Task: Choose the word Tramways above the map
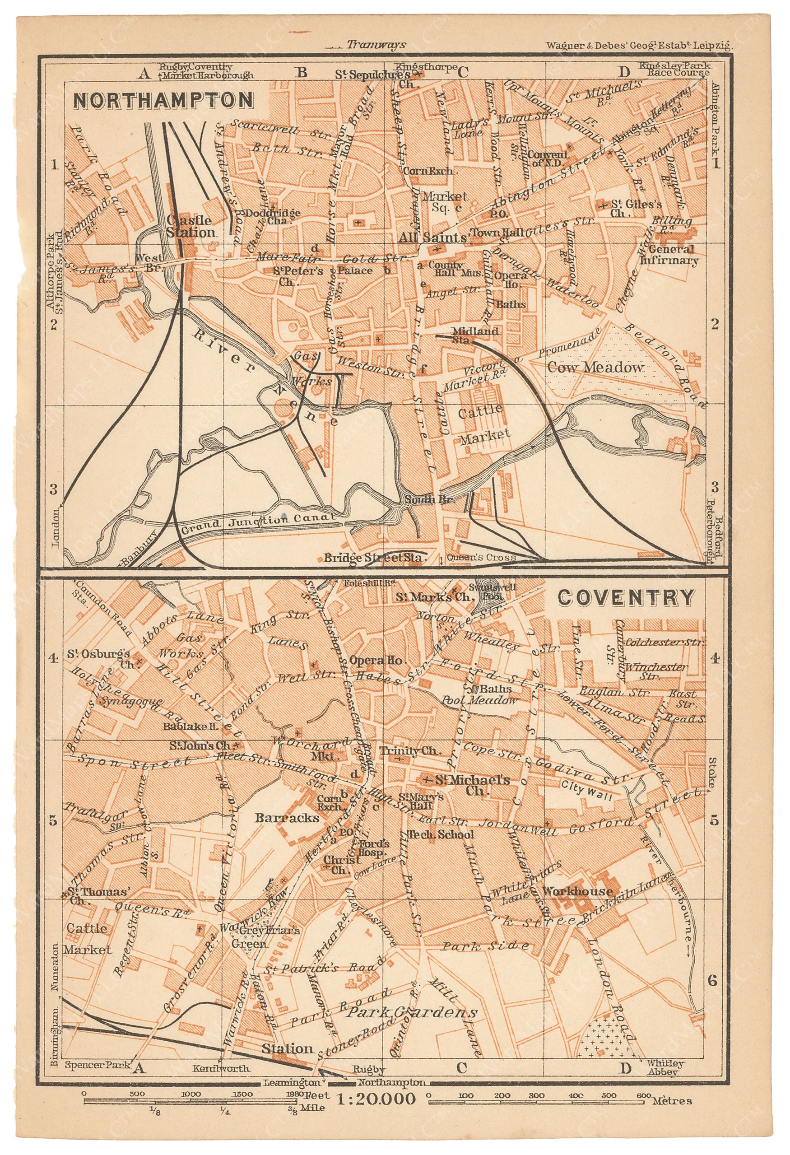click(376, 45)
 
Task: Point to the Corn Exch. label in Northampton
click(428, 171)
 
